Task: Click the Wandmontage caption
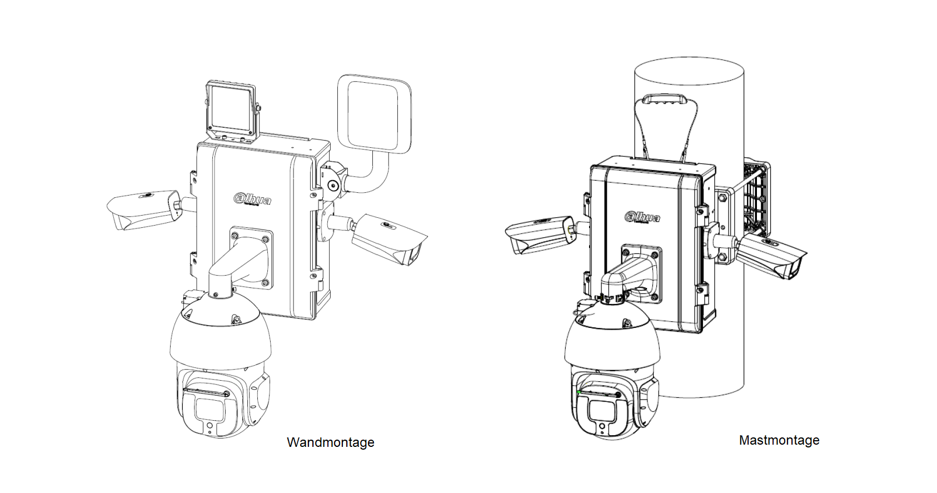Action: tap(330, 442)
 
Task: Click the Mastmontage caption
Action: tap(779, 440)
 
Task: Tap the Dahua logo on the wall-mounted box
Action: tap(252, 198)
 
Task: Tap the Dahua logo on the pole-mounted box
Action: tap(642, 216)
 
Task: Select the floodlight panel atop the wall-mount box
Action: tap(231, 111)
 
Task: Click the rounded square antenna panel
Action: tap(374, 113)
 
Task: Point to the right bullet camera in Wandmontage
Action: tap(389, 239)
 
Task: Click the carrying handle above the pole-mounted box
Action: tap(665, 100)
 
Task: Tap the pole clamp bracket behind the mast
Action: tap(756, 198)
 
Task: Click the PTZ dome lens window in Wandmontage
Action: tap(210, 410)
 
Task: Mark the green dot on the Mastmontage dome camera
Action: tap(579, 392)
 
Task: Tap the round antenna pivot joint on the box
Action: tap(333, 186)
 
